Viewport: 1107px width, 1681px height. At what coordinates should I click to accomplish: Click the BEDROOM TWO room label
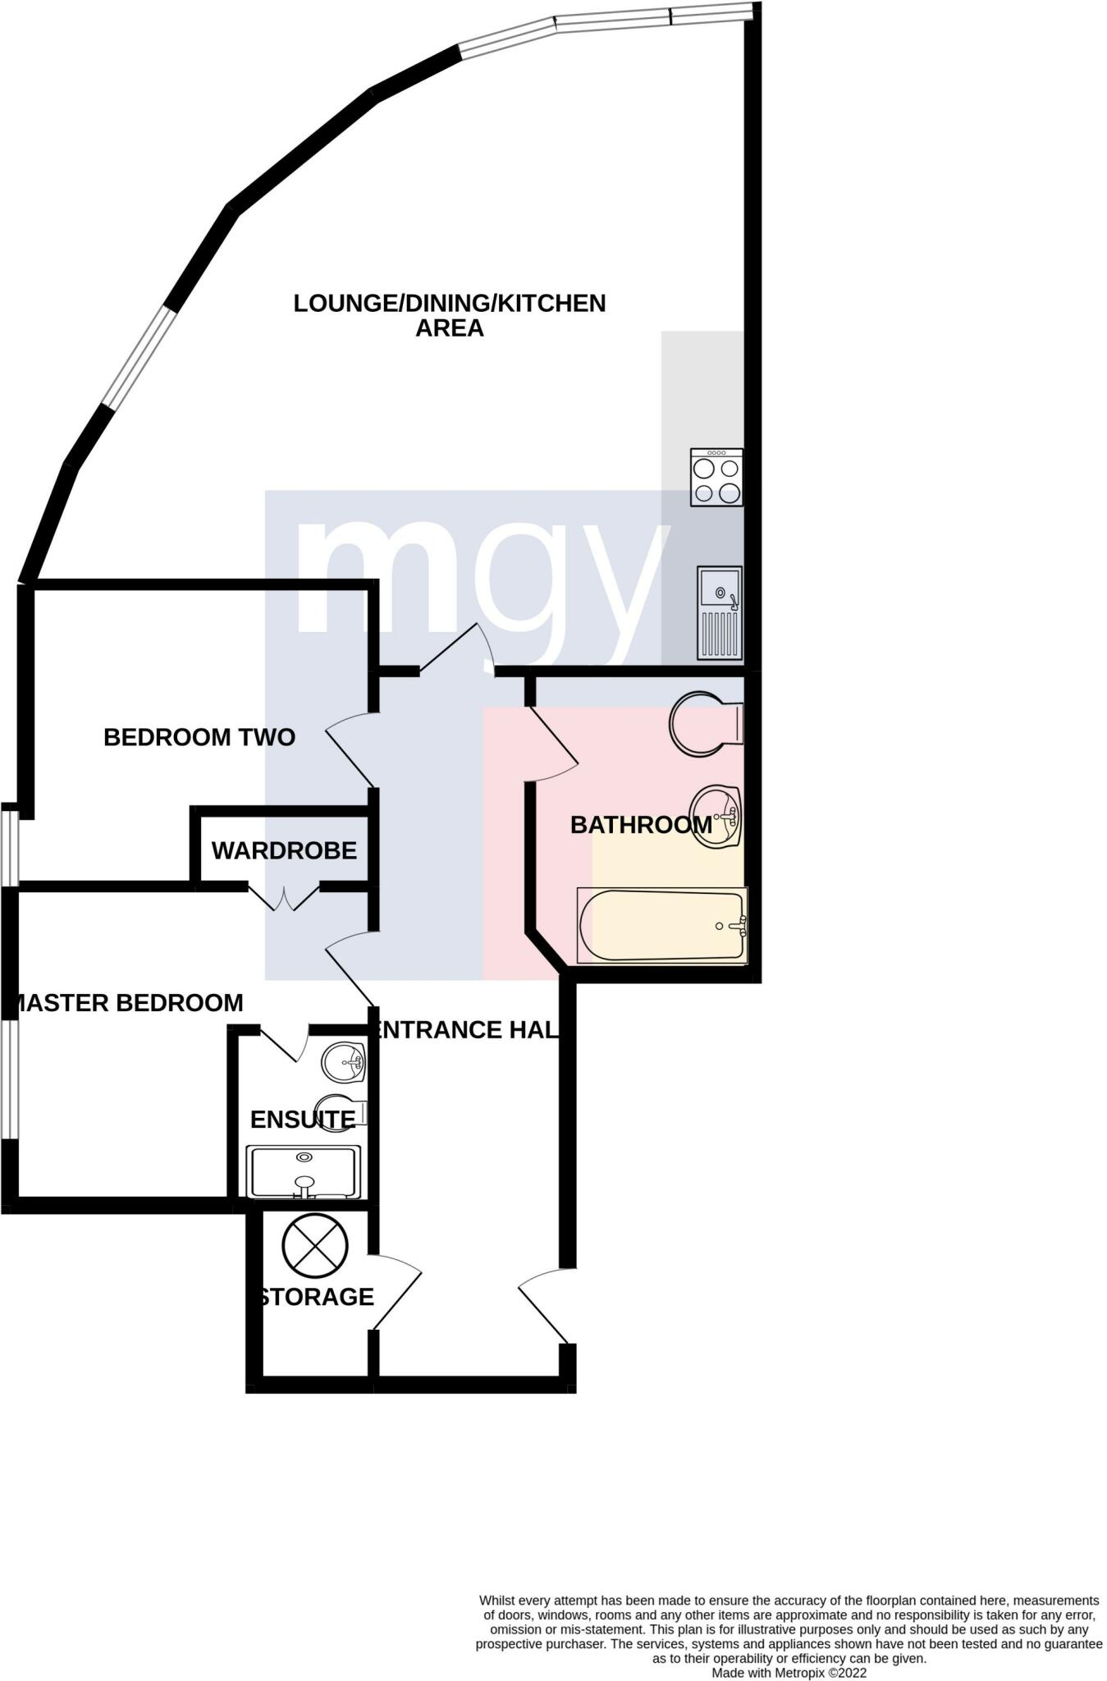tap(199, 737)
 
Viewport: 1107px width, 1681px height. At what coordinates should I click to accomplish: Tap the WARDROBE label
tap(284, 850)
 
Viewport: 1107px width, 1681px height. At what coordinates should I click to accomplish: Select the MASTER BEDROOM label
tap(130, 1003)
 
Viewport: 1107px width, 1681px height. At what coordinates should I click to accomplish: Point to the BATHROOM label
tap(641, 825)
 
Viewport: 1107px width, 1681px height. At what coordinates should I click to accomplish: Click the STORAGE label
tap(317, 1297)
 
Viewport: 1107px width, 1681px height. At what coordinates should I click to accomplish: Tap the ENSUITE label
tap(302, 1120)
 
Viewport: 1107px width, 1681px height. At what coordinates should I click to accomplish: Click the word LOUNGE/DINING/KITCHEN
tap(449, 304)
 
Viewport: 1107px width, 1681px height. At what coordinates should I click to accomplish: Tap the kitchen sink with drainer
tap(719, 612)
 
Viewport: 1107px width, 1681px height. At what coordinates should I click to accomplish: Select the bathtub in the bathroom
tap(661, 926)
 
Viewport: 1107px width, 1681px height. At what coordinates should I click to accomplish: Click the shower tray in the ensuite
tap(304, 1172)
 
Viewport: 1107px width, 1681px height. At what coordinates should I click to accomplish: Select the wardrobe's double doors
tap(284, 898)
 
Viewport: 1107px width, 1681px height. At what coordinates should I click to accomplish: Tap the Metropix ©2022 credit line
tap(788, 1672)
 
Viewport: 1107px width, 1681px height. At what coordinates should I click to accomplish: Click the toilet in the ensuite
tap(343, 1111)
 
